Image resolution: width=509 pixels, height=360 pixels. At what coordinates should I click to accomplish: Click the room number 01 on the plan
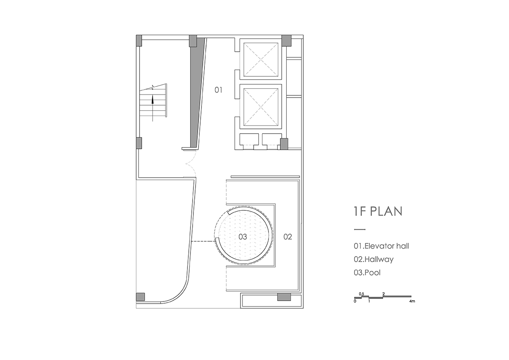coord(218,90)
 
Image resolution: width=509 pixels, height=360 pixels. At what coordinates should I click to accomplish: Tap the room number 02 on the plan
coord(288,237)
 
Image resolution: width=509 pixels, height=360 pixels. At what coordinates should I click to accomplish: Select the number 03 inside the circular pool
coord(243,237)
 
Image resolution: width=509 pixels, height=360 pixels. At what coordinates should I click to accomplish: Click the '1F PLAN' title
coord(378,211)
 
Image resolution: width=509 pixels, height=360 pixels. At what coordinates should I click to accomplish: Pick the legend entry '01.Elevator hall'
coord(381,246)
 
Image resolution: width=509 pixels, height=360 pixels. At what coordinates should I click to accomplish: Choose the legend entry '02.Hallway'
coord(374,260)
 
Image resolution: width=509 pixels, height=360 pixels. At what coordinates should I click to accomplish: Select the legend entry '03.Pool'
coord(367,273)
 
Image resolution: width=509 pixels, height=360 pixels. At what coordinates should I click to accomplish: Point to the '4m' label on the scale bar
coord(412,301)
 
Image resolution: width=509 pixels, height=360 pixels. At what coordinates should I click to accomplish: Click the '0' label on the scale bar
coord(355,301)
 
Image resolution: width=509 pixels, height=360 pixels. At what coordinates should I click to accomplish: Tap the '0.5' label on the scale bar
coord(361,294)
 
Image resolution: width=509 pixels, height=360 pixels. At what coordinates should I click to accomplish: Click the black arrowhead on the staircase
coord(152,100)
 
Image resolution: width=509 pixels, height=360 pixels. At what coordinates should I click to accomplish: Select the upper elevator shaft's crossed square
coord(261,59)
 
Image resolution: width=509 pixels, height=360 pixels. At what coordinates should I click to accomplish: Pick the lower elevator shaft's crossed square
coord(261,107)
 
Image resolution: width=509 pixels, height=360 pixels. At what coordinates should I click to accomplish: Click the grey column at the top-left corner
coord(139,41)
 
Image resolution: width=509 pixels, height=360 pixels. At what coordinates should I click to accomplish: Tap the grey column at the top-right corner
coord(287,41)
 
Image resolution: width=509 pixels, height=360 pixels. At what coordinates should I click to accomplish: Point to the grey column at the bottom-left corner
coord(140,297)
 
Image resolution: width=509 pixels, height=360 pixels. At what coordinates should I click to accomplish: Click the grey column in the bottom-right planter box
coord(284,297)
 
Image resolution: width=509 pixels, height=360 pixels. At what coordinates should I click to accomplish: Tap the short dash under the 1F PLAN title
coord(360,230)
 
